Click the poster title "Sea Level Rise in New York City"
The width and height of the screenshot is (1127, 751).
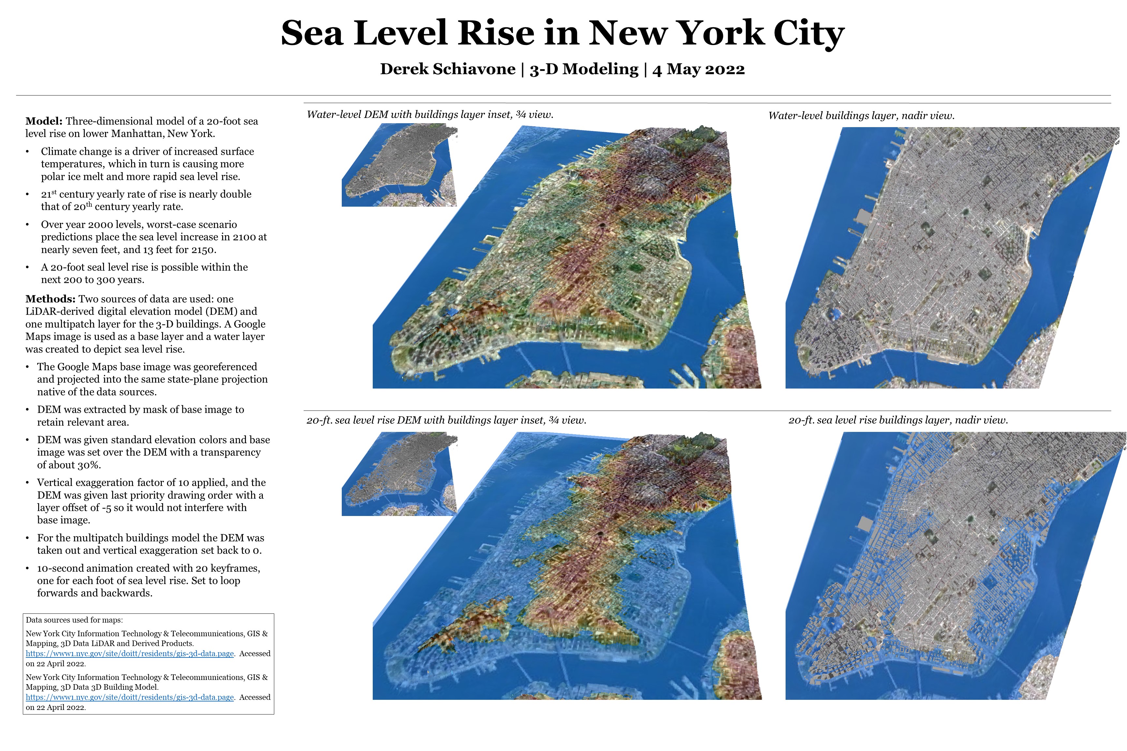point(563,34)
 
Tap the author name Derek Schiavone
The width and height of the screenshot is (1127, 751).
point(447,69)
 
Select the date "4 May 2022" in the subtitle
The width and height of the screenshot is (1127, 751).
point(699,69)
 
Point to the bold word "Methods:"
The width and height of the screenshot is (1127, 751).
point(50,299)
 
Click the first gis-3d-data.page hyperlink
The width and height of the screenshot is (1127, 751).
point(129,654)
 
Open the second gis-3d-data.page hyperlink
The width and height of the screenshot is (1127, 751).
point(129,697)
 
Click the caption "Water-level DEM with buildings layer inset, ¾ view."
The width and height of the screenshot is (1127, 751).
point(430,114)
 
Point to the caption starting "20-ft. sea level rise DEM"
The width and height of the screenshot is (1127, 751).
point(446,420)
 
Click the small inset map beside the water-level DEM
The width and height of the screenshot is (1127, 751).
point(399,166)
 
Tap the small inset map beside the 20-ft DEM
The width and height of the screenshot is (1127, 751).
point(399,474)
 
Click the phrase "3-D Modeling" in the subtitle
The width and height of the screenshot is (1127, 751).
point(584,69)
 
